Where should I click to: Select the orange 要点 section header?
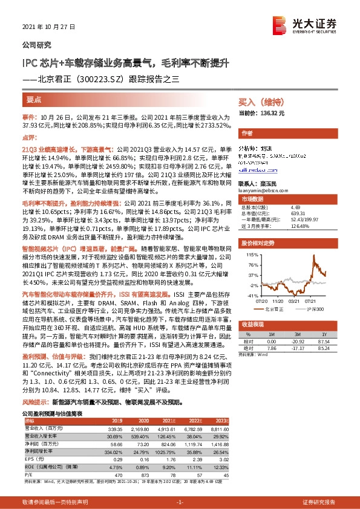pyautogui.click(x=35, y=100)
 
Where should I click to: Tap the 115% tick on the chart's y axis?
pyautogui.click(x=251, y=255)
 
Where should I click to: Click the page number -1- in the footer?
pyautogui.click(x=180, y=502)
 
